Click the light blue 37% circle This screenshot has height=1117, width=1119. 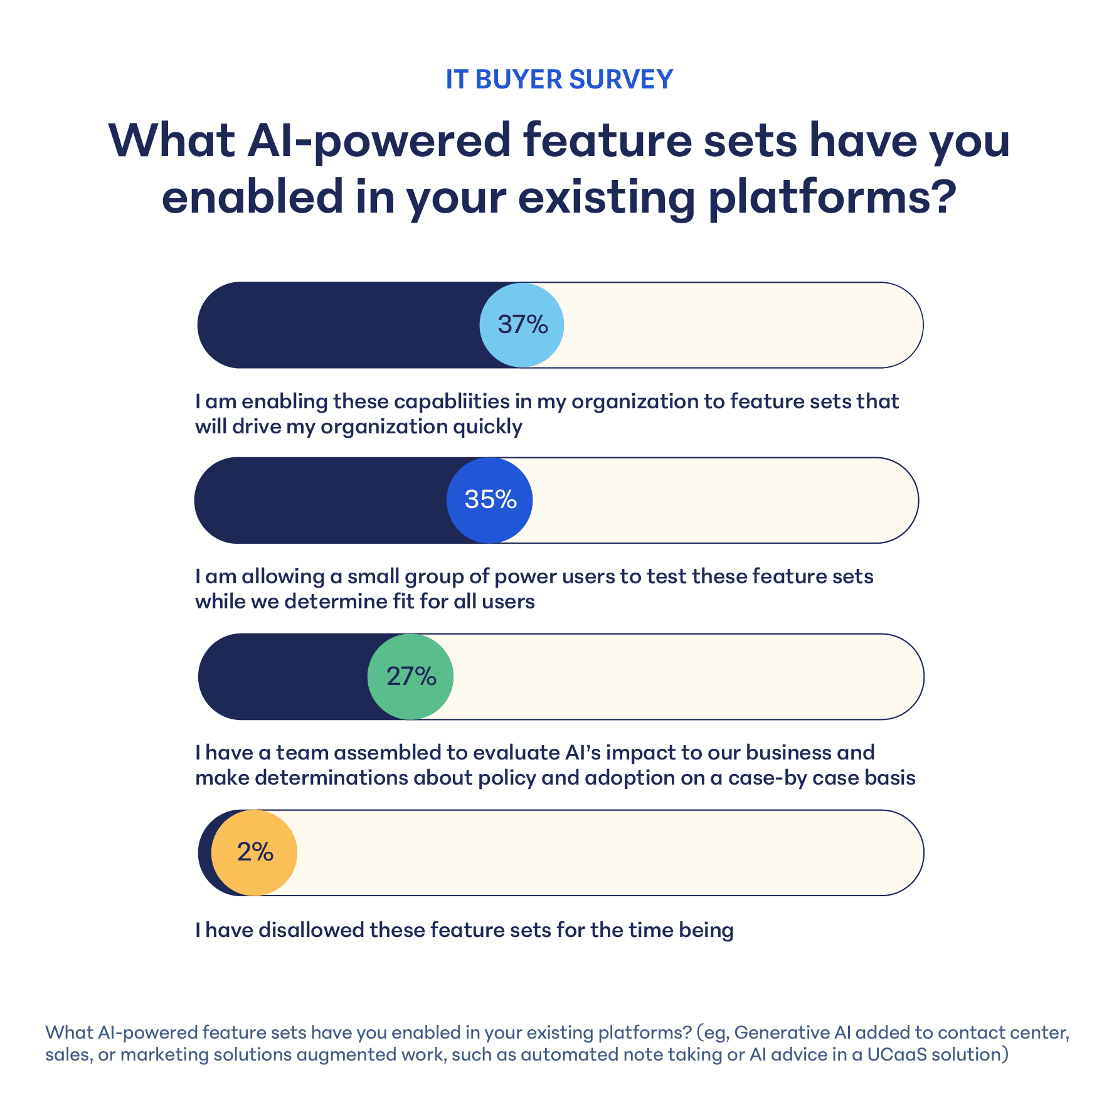point(522,325)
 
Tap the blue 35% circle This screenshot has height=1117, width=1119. point(490,500)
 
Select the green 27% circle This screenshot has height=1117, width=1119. point(410,677)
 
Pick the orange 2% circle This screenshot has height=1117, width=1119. point(254,853)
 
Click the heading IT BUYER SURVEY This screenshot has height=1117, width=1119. point(559,80)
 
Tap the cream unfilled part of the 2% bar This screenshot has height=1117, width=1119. point(608,853)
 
